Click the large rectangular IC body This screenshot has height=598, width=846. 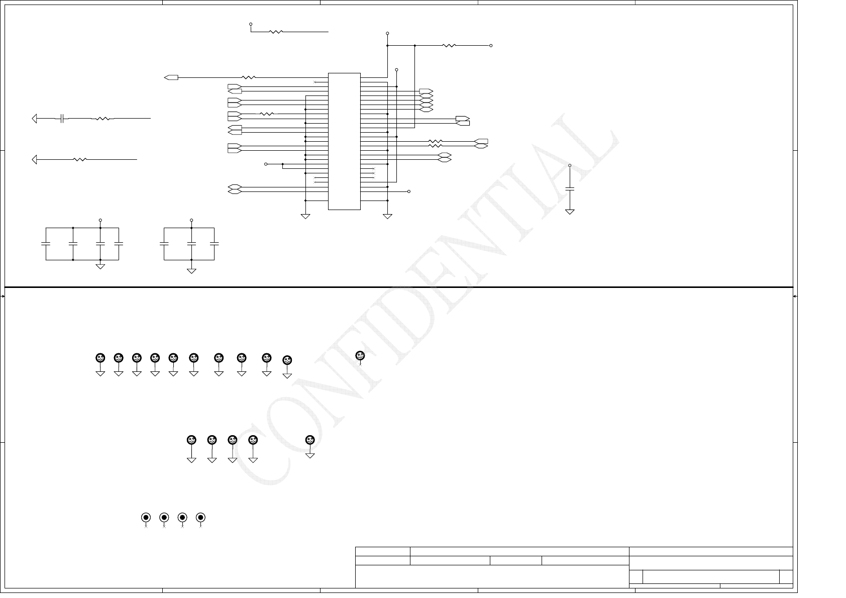pos(344,141)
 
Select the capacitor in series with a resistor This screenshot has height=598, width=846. pos(61,119)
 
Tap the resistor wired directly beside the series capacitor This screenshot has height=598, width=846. pos(102,119)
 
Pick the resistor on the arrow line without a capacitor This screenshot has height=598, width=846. pos(80,160)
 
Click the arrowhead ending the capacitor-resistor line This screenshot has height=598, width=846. pos(35,119)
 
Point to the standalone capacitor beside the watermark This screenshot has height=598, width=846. pos(570,188)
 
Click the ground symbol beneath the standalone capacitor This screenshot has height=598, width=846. pos(570,212)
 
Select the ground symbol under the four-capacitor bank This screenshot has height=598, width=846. pos(100,266)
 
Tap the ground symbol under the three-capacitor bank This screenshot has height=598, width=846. pos(191,271)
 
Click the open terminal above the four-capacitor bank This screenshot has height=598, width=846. pos(100,220)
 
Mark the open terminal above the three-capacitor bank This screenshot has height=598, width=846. pos(191,220)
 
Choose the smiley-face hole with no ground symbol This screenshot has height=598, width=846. pos(360,356)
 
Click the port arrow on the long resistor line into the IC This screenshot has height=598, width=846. pos(171,77)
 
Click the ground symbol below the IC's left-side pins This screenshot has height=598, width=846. pos(305,217)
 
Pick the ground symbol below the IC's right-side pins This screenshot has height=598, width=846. pos(387,217)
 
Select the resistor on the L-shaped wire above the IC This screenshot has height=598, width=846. pos(276,32)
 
